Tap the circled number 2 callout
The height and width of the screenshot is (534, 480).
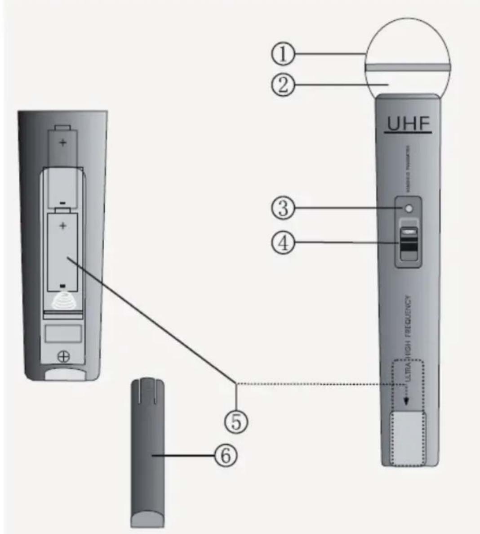point(283,84)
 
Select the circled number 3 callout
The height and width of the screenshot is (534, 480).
point(283,209)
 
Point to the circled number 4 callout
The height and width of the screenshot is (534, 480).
point(283,243)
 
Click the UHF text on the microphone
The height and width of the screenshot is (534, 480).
point(408,125)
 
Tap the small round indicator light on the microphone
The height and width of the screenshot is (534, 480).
point(408,208)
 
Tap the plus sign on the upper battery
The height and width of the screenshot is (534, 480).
point(63,143)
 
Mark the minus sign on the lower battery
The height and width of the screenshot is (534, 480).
point(63,285)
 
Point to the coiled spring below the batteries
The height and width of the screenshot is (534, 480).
point(63,302)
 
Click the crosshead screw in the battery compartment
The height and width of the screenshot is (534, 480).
point(64,357)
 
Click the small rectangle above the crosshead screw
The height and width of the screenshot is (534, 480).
point(63,333)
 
